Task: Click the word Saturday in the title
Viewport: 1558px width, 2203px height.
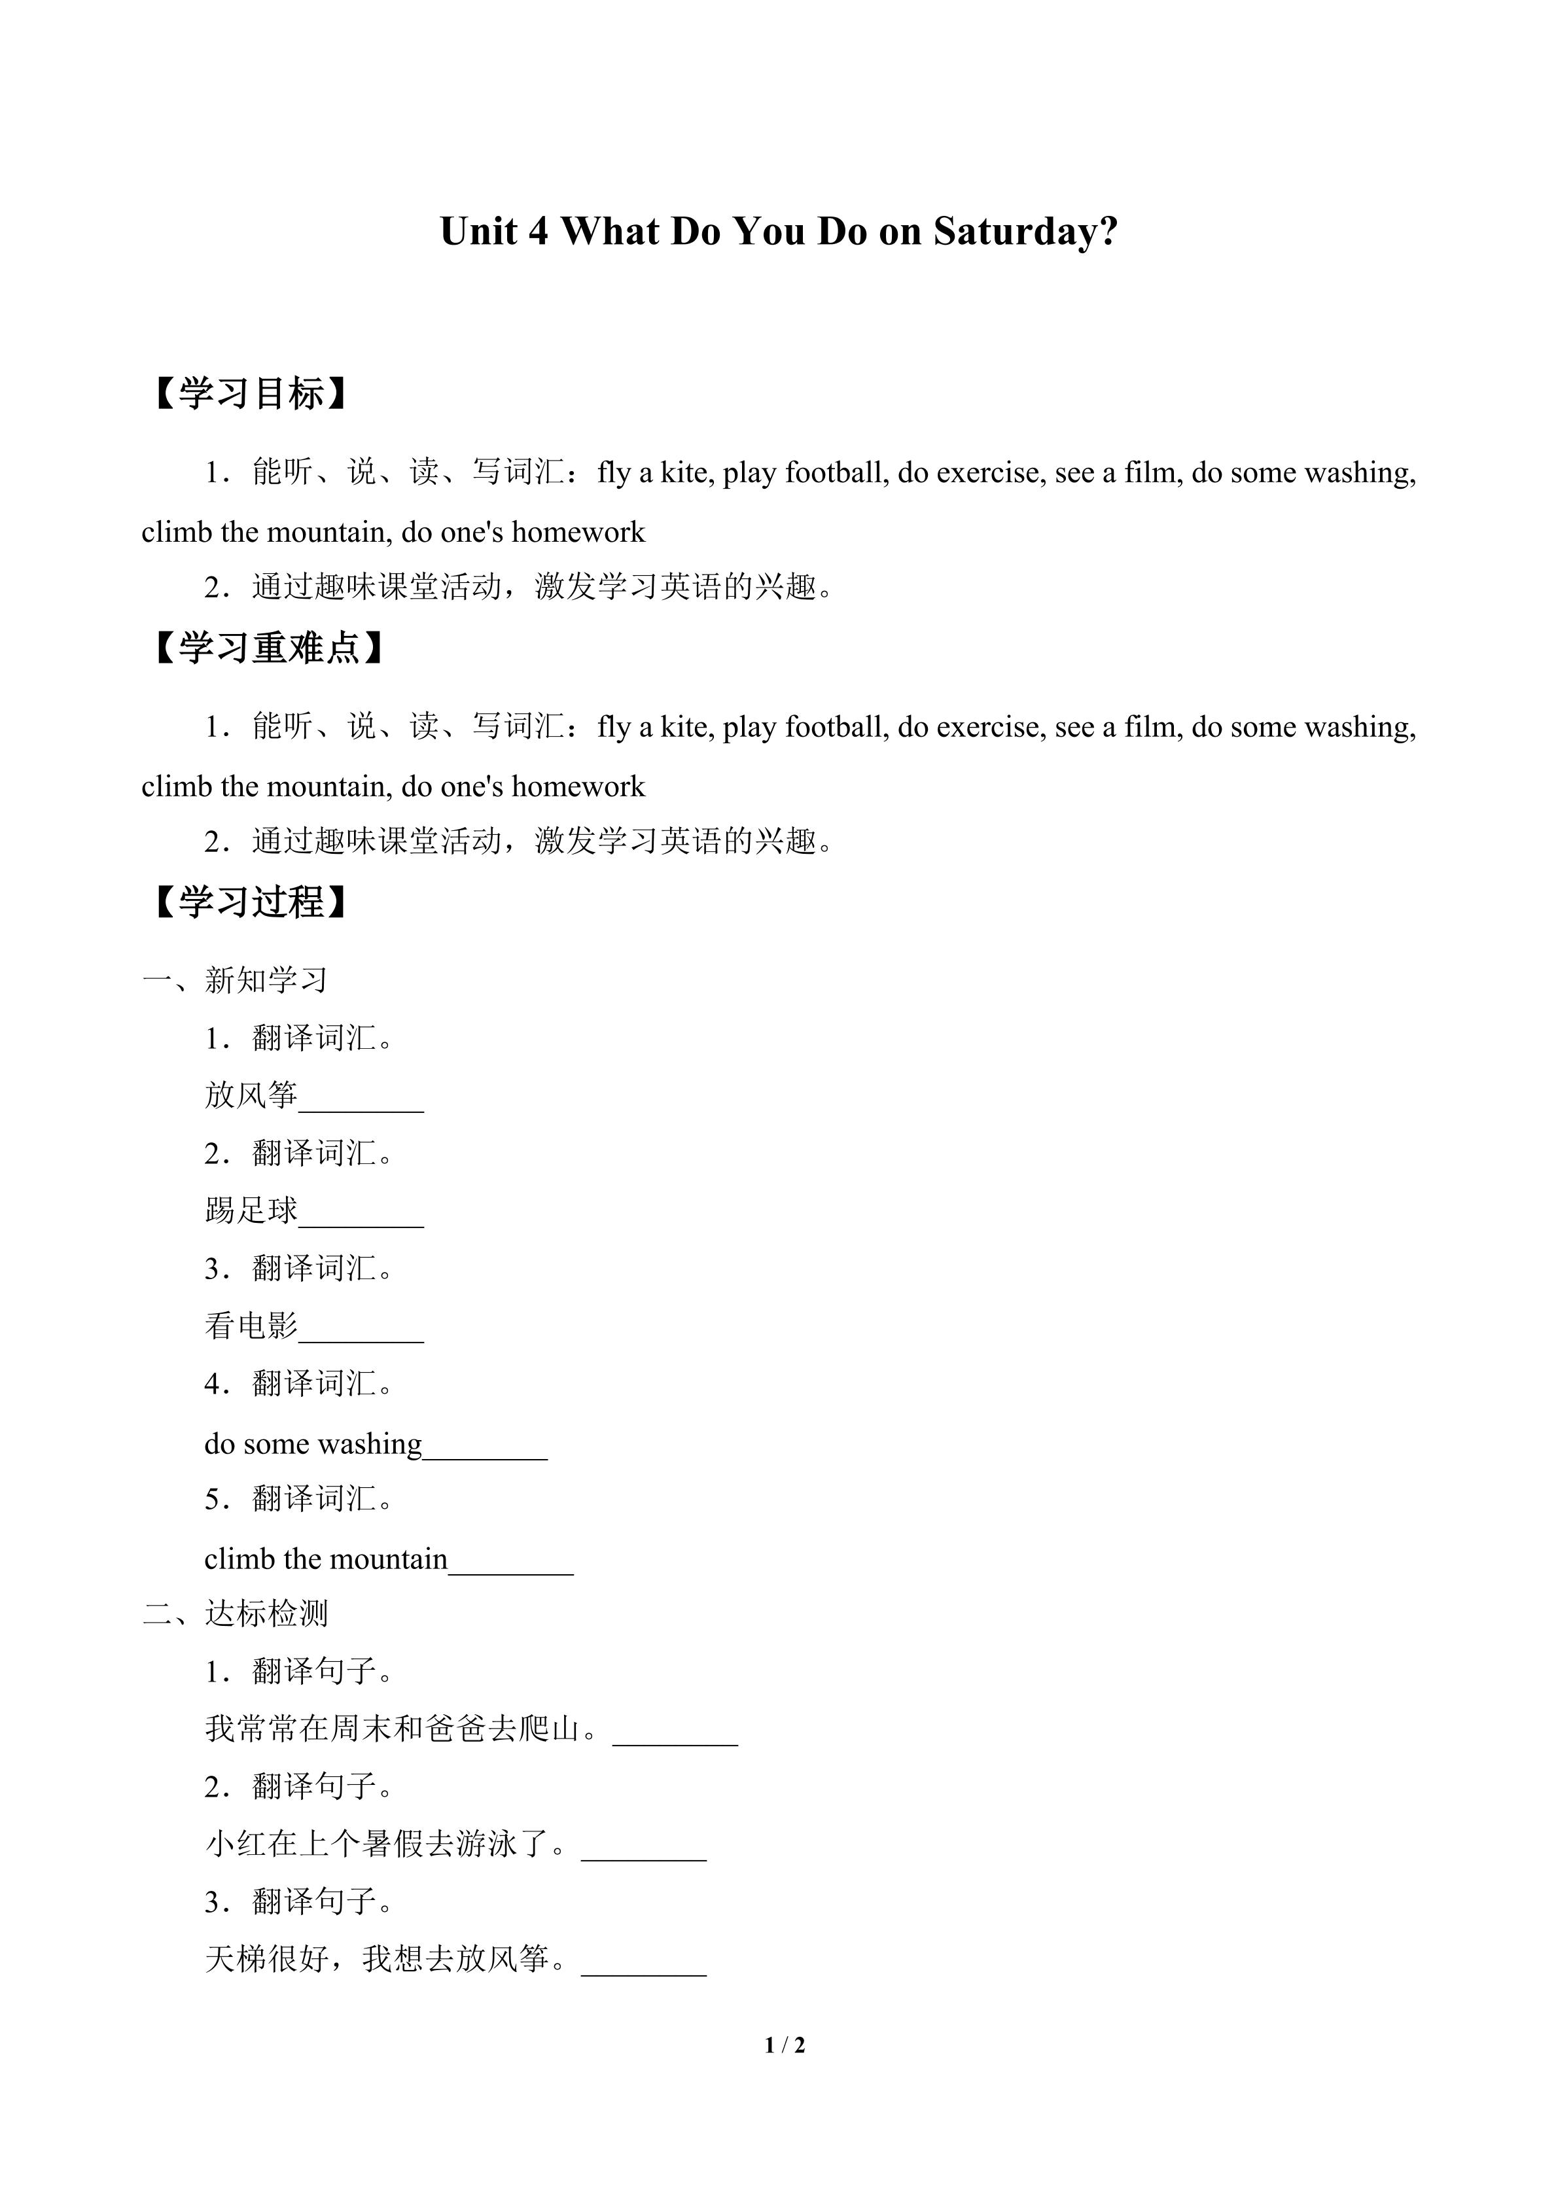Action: (1025, 231)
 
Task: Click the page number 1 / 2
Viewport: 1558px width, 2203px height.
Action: (785, 2045)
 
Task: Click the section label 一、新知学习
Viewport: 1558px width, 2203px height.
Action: (235, 979)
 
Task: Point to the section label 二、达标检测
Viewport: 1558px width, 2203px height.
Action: (235, 1613)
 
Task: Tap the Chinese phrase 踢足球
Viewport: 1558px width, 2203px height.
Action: (251, 1210)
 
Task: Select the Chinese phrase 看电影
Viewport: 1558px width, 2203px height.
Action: (251, 1325)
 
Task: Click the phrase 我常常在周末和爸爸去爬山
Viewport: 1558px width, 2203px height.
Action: (393, 1728)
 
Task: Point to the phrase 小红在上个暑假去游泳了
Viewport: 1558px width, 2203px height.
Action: (378, 1843)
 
